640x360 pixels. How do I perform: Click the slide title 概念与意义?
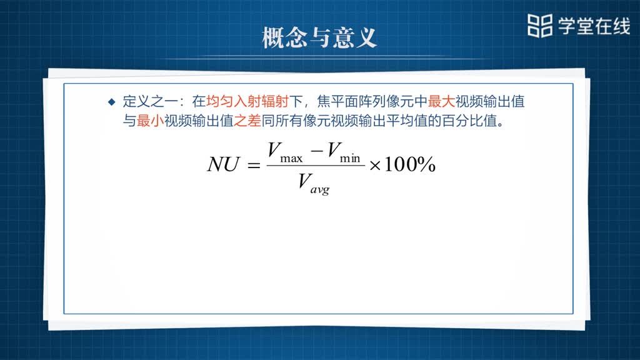tap(319, 38)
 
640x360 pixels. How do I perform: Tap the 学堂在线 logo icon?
tap(539, 26)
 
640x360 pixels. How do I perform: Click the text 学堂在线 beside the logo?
tap(594, 26)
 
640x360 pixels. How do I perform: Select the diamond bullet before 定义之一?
tap(112, 102)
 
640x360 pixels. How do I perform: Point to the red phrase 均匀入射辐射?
tap(247, 101)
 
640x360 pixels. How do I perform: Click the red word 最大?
tap(441, 101)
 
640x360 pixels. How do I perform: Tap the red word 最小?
tap(150, 121)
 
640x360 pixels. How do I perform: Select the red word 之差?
tap(247, 121)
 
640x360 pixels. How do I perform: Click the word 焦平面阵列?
tap(351, 101)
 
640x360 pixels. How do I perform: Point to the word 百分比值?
tap(469, 121)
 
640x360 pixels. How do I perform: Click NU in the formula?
tap(223, 164)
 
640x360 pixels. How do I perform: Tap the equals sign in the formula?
tap(254, 165)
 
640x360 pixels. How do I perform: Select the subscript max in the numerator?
tap(291, 158)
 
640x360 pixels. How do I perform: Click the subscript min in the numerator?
tap(350, 158)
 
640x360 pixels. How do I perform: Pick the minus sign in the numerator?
tap(317, 151)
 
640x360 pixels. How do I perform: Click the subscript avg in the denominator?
tap(319, 190)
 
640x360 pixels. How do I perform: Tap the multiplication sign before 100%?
tap(375, 166)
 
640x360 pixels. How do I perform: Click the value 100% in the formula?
tap(410, 164)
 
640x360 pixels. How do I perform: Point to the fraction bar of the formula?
tap(316, 166)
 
